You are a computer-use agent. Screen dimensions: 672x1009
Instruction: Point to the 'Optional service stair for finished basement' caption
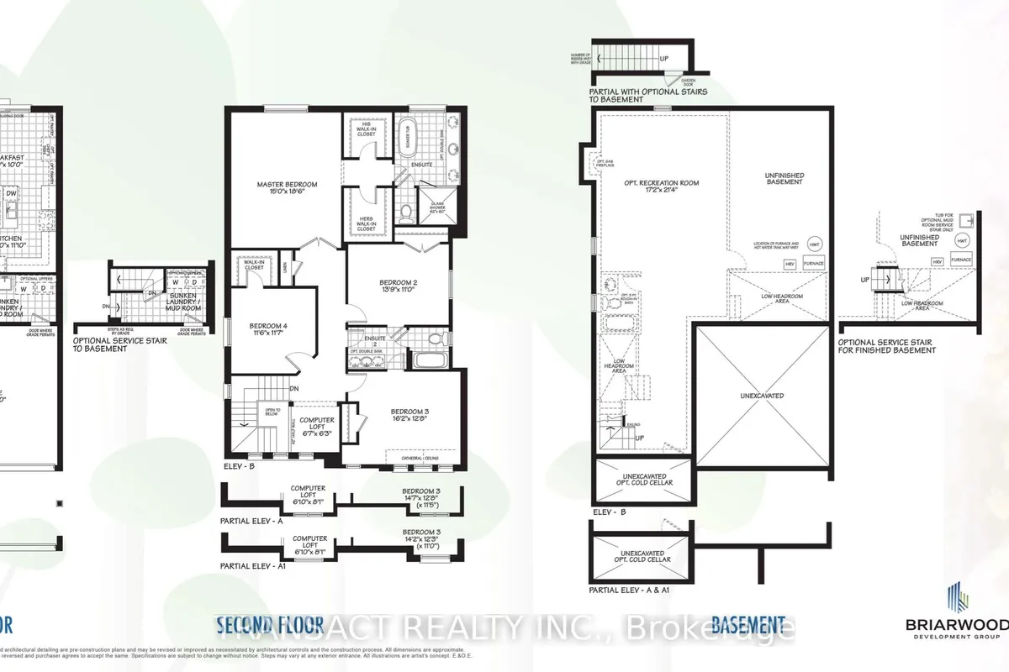tap(898, 347)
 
